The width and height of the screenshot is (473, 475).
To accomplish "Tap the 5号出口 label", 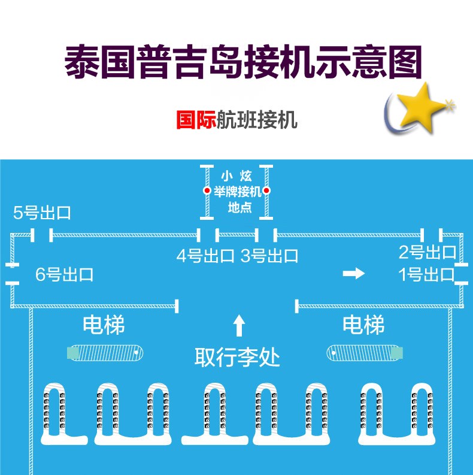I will click(42, 213).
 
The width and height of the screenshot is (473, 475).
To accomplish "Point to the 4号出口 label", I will click(205, 256).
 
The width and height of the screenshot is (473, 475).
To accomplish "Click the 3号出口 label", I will click(269, 256).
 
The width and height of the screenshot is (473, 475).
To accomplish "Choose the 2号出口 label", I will click(427, 252).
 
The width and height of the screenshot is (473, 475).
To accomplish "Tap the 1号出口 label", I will click(427, 275).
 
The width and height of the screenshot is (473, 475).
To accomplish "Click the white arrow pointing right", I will click(353, 274).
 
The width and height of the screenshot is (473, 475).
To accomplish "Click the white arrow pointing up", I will click(238, 325).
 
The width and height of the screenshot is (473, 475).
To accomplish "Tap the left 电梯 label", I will click(104, 325).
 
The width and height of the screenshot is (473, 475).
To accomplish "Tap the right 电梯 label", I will click(363, 325).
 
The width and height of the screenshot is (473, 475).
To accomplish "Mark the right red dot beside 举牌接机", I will click(267, 190).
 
